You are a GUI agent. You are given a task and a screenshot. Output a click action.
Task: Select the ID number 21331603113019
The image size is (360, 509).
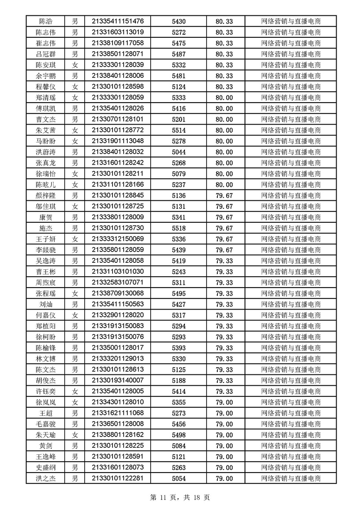click(117, 32)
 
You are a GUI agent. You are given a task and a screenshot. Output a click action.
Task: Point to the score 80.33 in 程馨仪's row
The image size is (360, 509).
click(224, 86)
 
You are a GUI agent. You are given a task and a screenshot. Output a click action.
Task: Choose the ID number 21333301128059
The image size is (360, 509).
click(117, 97)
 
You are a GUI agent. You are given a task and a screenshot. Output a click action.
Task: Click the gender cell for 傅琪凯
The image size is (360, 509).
click(75, 108)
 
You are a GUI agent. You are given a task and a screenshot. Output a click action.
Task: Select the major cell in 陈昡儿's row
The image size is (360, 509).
click(291, 185)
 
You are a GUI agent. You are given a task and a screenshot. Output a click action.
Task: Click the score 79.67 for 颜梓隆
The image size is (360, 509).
click(224, 195)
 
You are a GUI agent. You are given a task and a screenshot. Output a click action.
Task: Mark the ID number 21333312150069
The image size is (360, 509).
click(117, 239)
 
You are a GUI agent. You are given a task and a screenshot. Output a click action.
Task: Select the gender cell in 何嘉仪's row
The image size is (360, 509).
click(75, 315)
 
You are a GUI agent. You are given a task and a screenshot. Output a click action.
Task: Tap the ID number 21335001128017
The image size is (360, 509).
click(117, 348)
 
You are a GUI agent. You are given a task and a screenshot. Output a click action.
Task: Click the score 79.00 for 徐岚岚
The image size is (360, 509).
click(224, 402)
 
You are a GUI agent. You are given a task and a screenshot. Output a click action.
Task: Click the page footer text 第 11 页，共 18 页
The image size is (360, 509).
click(180, 498)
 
